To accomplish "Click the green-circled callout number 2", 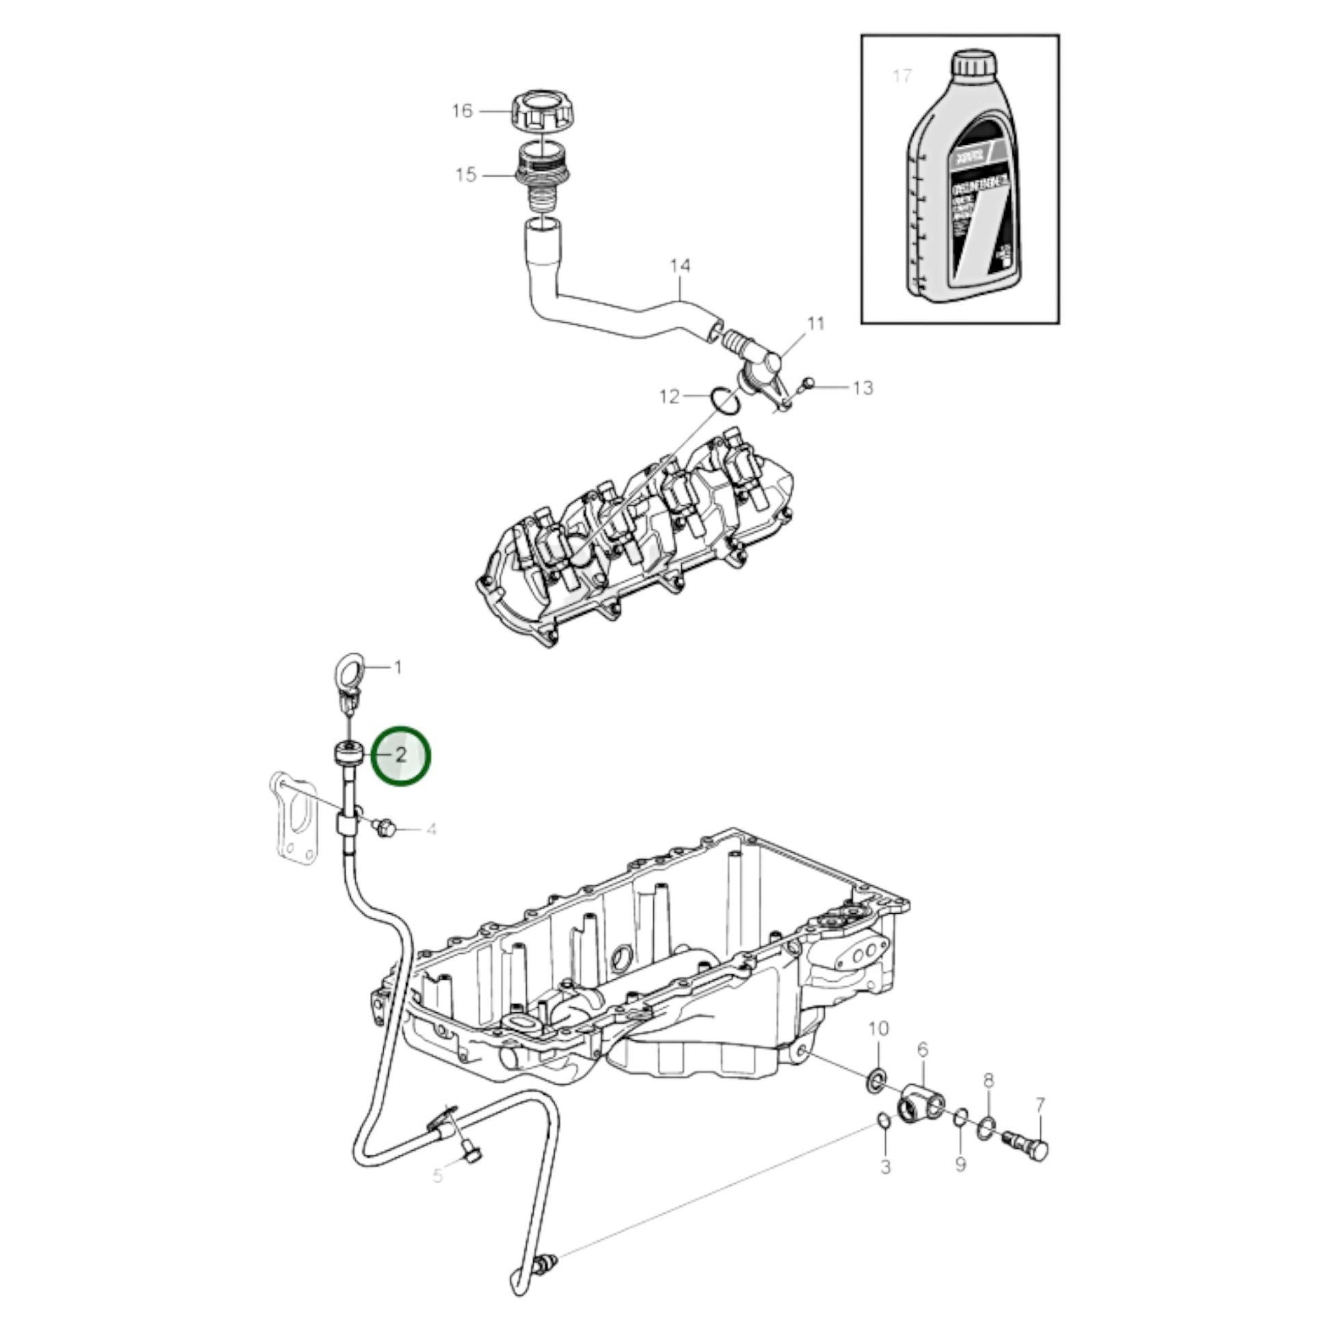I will pyautogui.click(x=401, y=756).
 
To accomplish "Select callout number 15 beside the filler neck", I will pyautogui.click(x=466, y=175).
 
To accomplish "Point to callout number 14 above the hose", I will pyautogui.click(x=680, y=266).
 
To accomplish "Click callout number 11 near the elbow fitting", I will pyautogui.click(x=816, y=323).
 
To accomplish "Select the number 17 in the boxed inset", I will pyautogui.click(x=901, y=76).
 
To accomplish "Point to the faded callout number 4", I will pyautogui.click(x=432, y=830).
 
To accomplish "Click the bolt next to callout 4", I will pyautogui.click(x=385, y=828).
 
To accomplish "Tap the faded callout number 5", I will pyautogui.click(x=439, y=1176).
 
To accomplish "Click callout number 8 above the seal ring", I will pyautogui.click(x=988, y=1079).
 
